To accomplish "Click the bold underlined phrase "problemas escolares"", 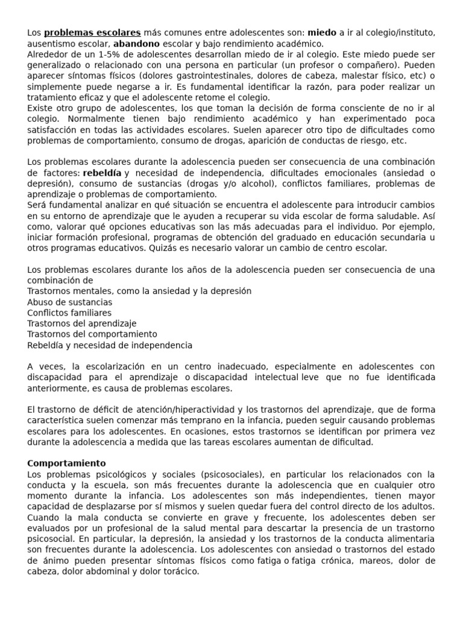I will click(92, 33).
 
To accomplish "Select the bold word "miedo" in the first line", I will click(322, 33).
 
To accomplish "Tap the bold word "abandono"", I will click(137, 43).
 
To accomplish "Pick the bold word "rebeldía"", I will click(102, 173).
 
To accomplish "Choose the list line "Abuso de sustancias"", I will click(69, 302).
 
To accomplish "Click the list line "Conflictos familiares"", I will click(69, 313).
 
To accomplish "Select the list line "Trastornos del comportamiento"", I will click(92, 334).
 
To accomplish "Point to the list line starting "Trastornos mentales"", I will click(139, 291).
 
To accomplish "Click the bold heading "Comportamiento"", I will click(66, 463).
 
